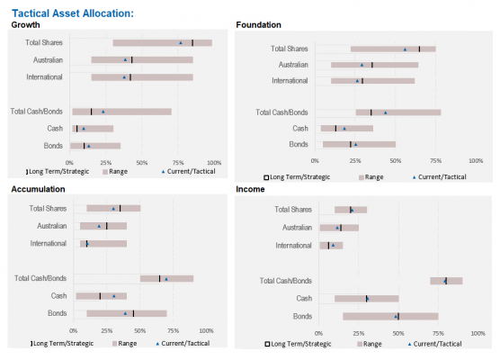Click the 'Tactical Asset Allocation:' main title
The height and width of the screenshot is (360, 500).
pos(73,13)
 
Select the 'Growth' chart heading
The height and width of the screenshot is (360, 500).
pos(25,25)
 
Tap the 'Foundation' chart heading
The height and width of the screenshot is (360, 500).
pos(258,25)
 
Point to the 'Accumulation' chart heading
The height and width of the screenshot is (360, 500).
pos(38,189)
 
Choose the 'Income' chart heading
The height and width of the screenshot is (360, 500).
pos(250,189)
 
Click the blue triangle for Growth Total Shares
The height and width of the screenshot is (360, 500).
pos(181,43)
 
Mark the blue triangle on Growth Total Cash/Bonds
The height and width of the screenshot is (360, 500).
pos(103,112)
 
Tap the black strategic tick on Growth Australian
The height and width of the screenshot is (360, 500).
pos(131,60)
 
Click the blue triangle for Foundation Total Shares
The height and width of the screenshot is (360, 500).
pos(405,49)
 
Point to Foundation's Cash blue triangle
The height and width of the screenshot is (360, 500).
pos(344,129)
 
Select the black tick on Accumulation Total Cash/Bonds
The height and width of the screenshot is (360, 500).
pos(159,279)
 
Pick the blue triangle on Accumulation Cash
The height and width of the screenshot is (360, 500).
pos(114,296)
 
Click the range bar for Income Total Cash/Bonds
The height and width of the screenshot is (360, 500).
pos(446,281)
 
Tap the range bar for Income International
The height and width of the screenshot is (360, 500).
pos(331,246)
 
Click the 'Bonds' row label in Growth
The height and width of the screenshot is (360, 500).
pos(53,146)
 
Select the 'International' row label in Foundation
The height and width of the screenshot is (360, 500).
pos(290,81)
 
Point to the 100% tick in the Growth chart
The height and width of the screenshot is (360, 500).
pos(214,163)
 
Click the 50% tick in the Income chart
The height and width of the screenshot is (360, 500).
pos(398,334)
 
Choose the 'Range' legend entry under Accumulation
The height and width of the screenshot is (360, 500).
pos(124,344)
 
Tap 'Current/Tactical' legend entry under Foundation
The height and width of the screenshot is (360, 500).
pos(439,176)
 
